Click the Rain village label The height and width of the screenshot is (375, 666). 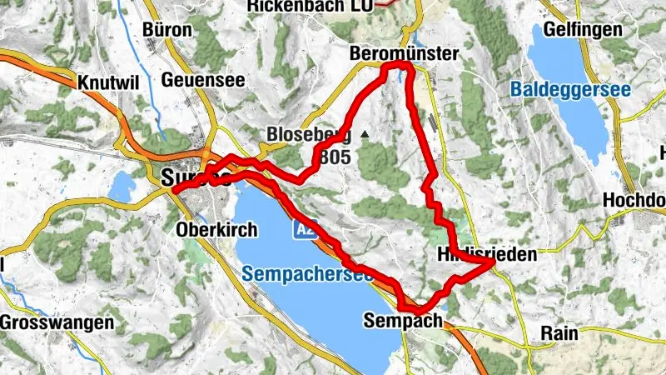559,332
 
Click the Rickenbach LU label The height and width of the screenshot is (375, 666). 316,6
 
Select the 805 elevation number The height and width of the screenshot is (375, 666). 339,156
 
